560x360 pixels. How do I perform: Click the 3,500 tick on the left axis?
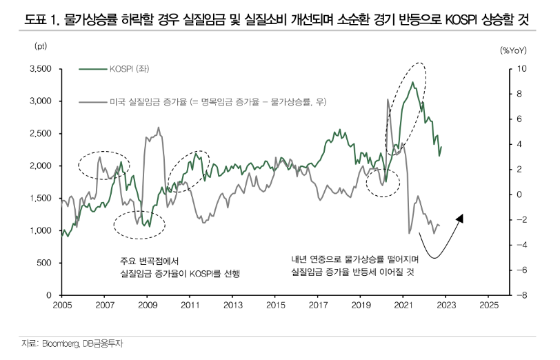[40, 69]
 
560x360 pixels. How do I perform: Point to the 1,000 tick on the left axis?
[40, 231]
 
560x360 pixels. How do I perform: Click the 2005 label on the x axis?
[62, 304]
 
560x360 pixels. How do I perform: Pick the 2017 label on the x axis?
[317, 304]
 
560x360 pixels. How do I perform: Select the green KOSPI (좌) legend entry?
[123, 69]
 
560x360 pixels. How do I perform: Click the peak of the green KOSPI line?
[412, 82]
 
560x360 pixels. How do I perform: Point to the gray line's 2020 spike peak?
[386, 99]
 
